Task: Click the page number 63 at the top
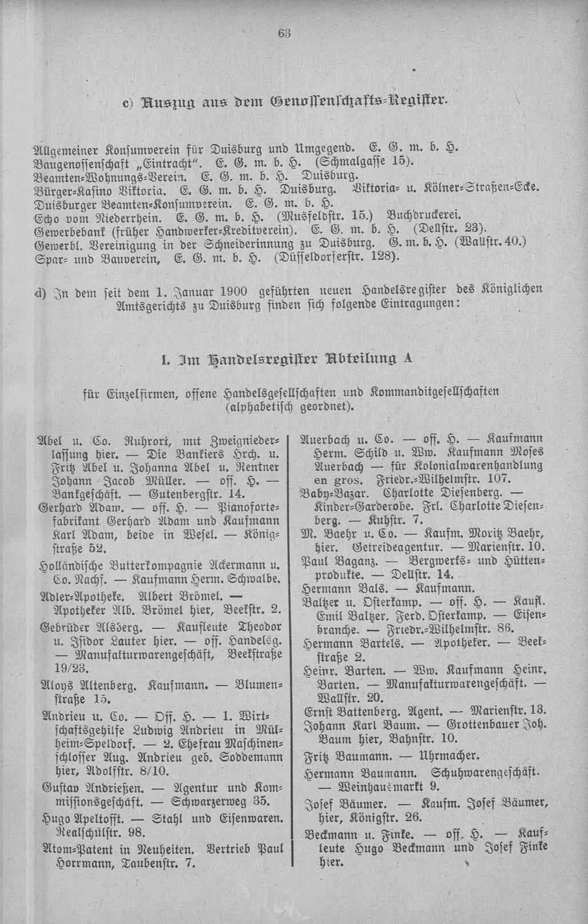(x=284, y=33)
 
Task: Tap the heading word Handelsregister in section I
(x=265, y=359)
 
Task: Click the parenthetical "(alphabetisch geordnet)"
(x=291, y=407)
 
